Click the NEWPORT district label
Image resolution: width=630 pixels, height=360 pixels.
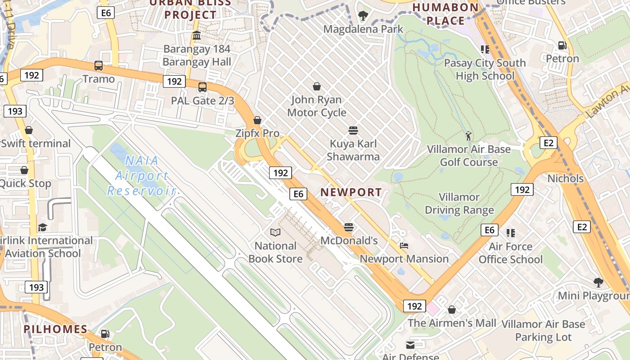351,192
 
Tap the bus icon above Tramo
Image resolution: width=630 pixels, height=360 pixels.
99,66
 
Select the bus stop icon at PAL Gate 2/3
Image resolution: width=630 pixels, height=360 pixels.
202,87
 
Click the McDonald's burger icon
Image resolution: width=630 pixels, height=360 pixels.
349,227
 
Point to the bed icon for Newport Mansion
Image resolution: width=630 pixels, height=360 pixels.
404,246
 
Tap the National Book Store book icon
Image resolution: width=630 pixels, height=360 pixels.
275,233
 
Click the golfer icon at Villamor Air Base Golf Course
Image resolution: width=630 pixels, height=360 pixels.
468,135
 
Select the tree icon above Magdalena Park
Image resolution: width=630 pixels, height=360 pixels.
363,16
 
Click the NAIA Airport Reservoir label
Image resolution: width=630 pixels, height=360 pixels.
141,175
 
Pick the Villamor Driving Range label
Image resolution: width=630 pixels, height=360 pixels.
459,203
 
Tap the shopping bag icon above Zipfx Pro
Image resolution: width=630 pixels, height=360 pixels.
257,120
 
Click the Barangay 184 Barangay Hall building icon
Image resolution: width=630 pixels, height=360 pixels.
197,36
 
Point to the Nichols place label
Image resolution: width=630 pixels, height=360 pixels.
565,179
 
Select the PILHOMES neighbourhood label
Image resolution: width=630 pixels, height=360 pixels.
56,329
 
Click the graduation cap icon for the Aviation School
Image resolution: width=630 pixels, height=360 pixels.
42,227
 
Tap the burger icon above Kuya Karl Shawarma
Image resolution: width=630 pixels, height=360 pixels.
353,130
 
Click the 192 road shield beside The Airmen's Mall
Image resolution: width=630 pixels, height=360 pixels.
414,306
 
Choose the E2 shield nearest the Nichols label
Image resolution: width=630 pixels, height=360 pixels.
548,143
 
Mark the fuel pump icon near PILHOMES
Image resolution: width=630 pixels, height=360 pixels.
105,334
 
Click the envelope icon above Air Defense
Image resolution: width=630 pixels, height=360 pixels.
410,345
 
